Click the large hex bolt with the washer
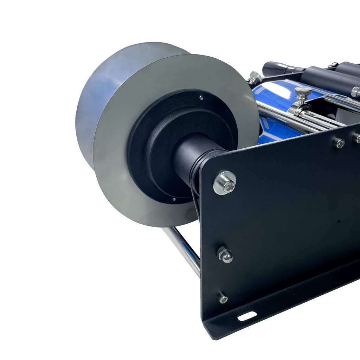point(225,183)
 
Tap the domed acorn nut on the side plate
point(225,255)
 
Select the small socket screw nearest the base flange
point(223,298)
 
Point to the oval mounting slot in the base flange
point(247,316)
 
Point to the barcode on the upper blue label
point(259,91)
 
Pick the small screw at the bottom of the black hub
point(173,200)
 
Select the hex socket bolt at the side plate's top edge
point(339,143)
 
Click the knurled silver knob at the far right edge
point(356,92)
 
